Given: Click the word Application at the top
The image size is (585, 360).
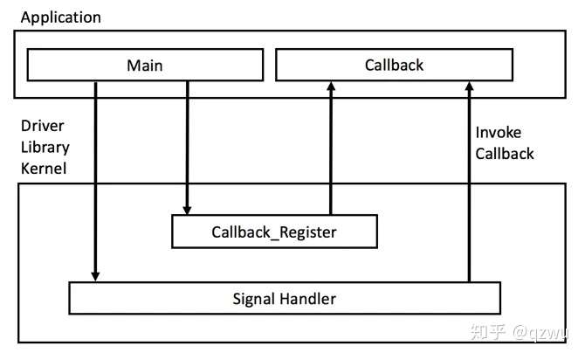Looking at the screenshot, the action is pyautogui.click(x=61, y=17).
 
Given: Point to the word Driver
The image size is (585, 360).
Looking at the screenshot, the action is pyautogui.click(x=43, y=126).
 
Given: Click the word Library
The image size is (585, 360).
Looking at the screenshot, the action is pyautogui.click(x=45, y=147).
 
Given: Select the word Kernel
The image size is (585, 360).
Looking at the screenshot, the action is pyautogui.click(x=44, y=169).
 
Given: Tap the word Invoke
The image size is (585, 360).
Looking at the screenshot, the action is pyautogui.click(x=499, y=133).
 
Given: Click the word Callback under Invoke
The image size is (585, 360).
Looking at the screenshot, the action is pyautogui.click(x=505, y=154).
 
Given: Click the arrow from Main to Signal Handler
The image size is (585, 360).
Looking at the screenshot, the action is pyautogui.click(x=95, y=182).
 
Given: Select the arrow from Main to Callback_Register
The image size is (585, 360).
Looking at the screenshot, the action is pyautogui.click(x=188, y=148).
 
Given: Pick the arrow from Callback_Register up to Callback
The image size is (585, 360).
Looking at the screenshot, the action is pyautogui.click(x=331, y=148).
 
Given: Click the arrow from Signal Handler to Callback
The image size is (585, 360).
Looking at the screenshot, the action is pyautogui.click(x=470, y=182).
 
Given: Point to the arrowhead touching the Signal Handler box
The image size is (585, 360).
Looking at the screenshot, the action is pyautogui.click(x=95, y=276).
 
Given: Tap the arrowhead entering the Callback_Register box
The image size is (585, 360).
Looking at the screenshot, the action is pyautogui.click(x=188, y=210).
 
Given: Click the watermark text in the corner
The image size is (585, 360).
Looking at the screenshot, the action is pyautogui.click(x=519, y=332).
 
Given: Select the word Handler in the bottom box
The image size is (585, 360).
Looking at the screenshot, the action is pyautogui.click(x=308, y=299).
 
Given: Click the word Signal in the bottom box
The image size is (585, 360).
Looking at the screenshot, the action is pyautogui.click(x=254, y=300).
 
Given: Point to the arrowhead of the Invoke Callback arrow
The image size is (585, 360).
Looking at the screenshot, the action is pyautogui.click(x=470, y=87).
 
